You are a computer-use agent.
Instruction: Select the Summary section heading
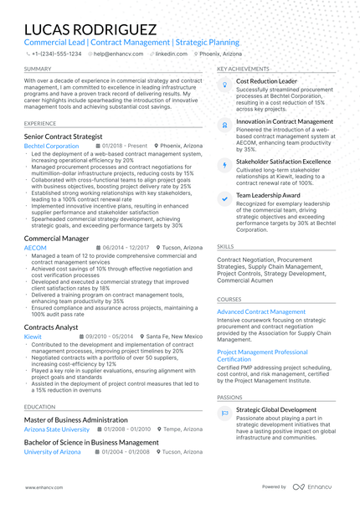[x=37, y=69]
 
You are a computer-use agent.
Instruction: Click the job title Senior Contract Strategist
[x=64, y=136]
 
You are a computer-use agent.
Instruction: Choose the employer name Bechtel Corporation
[x=51, y=146]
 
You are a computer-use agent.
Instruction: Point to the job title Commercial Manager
[x=56, y=239]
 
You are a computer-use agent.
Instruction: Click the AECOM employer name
[x=35, y=249]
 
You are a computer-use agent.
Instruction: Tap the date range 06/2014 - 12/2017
[x=126, y=249]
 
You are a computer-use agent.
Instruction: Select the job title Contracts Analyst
[x=51, y=326]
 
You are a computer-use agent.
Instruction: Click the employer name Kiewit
[x=33, y=337]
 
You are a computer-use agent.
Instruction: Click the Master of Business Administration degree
[x=75, y=419]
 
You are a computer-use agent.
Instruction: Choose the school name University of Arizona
[x=53, y=451]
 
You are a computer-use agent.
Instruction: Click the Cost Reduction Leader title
[x=266, y=81]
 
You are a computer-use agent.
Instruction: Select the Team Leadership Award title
[x=268, y=195]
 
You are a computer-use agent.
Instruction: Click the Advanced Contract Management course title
[x=260, y=311]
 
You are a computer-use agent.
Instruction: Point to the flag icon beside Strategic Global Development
[x=224, y=414]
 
